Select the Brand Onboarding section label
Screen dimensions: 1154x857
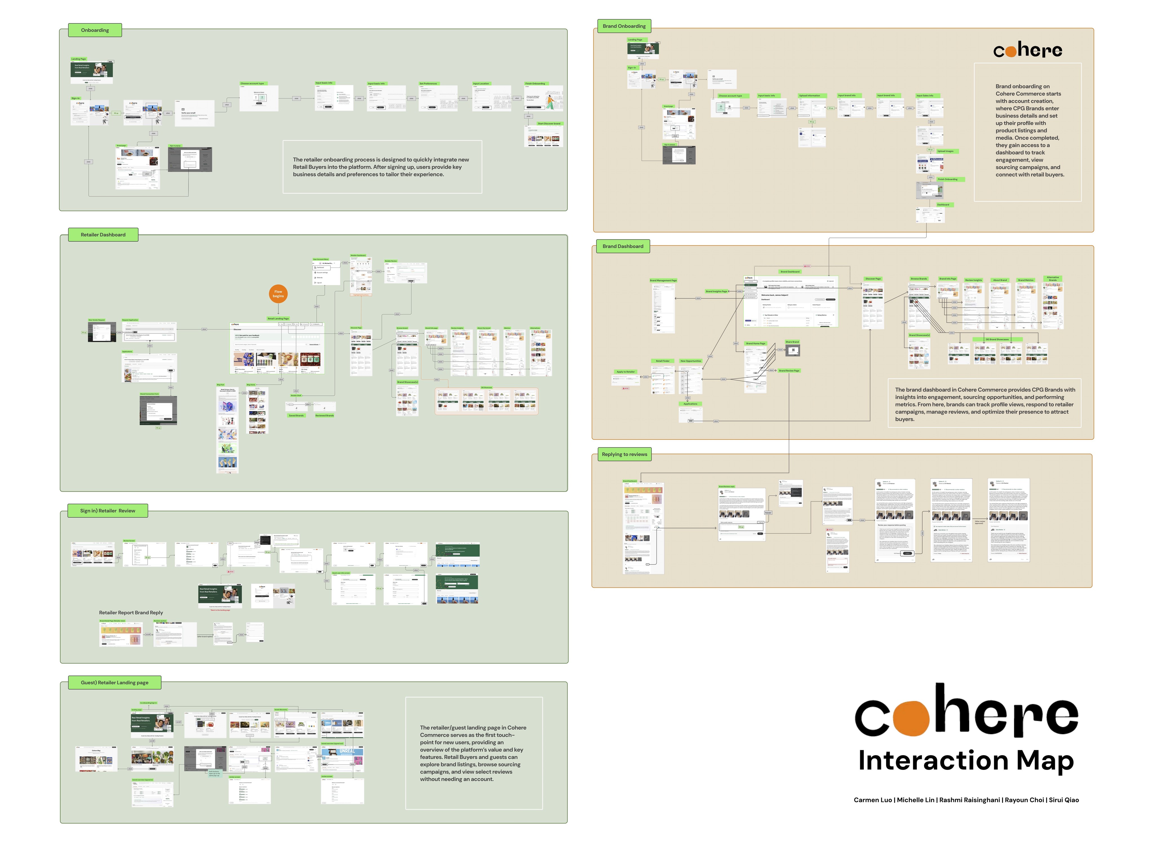[x=624, y=26]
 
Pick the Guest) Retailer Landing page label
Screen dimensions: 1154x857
[x=115, y=683]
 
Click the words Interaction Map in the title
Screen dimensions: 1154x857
[x=966, y=761]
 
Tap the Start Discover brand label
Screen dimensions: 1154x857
[x=549, y=123]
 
